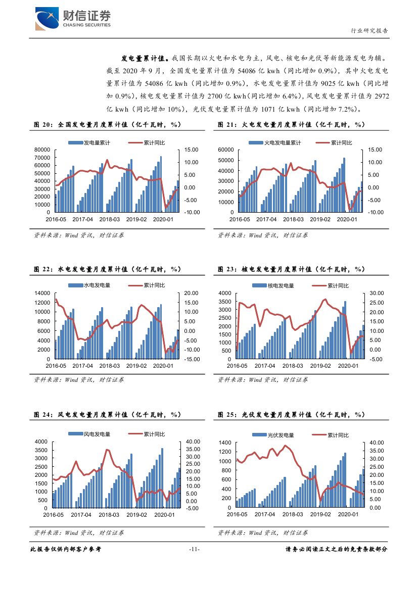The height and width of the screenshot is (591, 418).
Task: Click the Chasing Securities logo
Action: coord(73,19)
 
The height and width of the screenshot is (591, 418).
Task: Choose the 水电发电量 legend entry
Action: coord(97,285)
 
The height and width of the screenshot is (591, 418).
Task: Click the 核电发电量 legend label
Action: coord(281,285)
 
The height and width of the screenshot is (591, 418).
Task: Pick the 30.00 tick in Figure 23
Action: coord(378,293)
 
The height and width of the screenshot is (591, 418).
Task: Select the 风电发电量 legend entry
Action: coord(97,434)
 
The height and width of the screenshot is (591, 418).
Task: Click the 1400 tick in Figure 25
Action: coord(224,442)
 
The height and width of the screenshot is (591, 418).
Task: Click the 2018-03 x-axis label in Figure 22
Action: coord(110,365)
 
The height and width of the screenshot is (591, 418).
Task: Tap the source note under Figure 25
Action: coord(263,533)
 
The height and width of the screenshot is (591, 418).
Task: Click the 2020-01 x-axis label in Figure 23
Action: coord(348,365)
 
